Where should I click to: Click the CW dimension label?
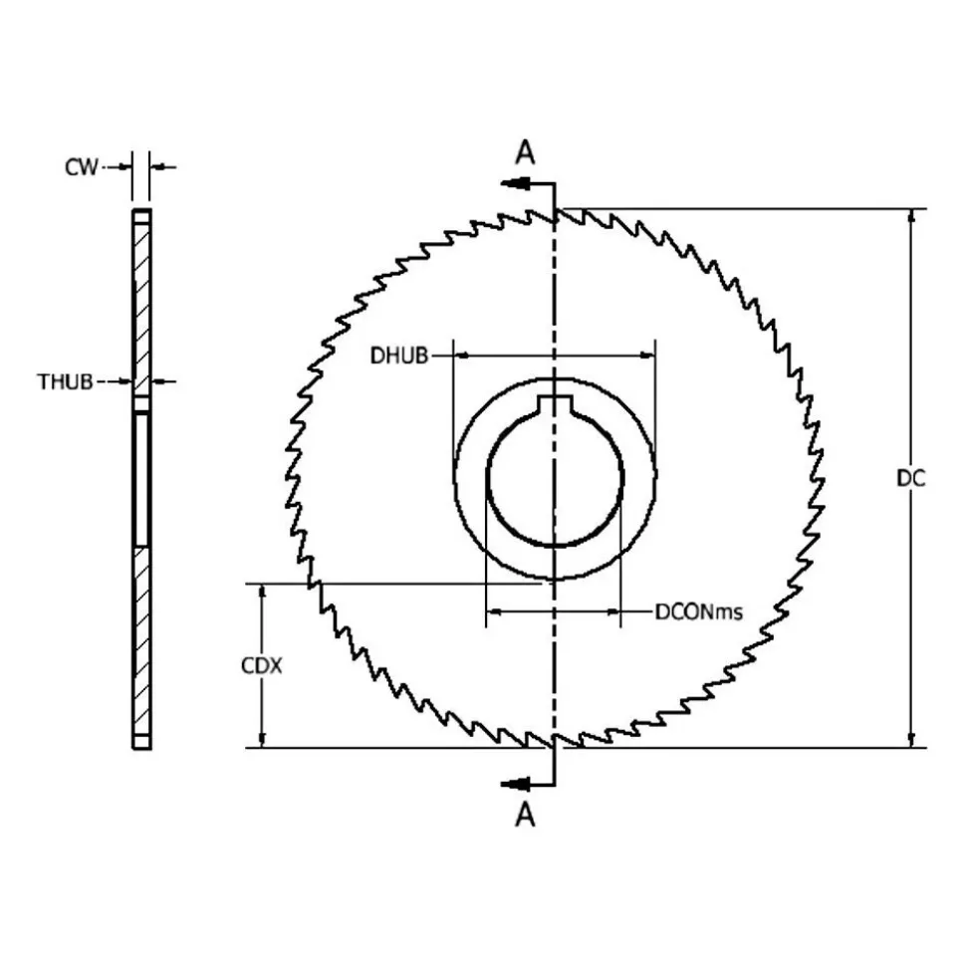coord(82,167)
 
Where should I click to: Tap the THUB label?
coord(66,382)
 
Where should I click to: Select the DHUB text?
coord(399,356)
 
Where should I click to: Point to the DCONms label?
coord(698,611)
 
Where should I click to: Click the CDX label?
coord(262,666)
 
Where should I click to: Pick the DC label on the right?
coord(911,478)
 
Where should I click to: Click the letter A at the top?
coord(525,152)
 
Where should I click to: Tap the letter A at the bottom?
coord(525,815)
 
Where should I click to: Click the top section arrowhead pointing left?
coord(515,183)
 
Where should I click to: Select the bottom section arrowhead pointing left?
coord(515,785)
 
